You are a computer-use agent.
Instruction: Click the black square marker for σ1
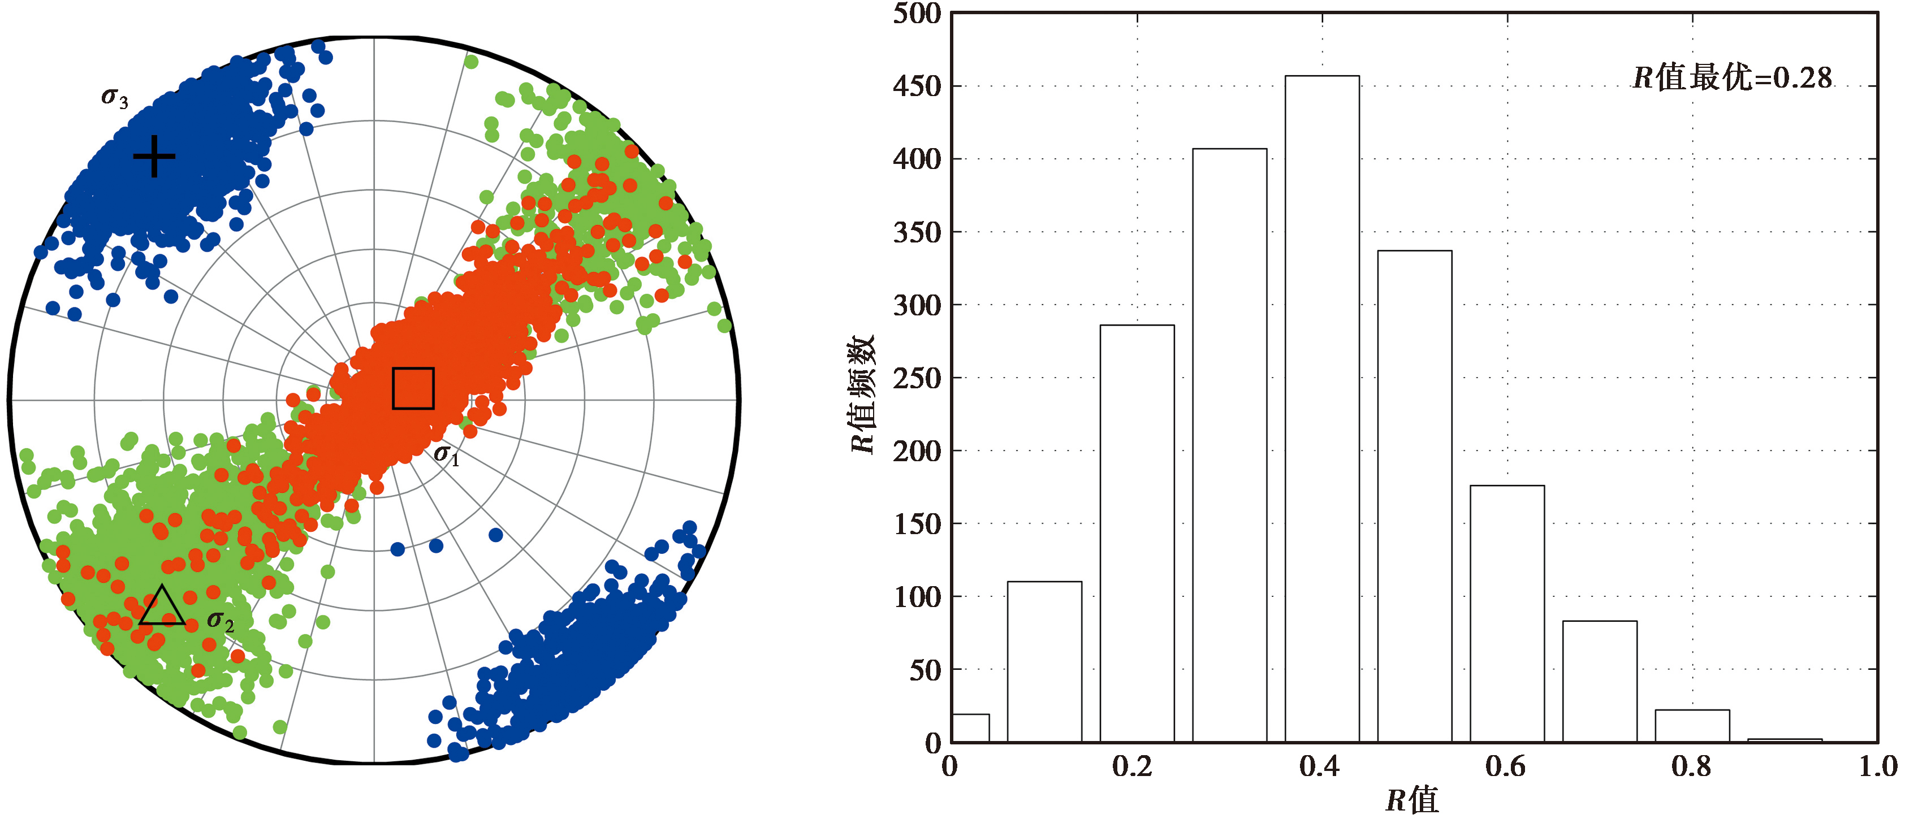(x=413, y=388)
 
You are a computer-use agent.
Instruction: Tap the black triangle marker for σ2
(x=162, y=608)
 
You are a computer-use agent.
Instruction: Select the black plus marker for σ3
(x=154, y=156)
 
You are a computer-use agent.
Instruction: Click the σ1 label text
(x=446, y=454)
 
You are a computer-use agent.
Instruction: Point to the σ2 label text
(x=221, y=621)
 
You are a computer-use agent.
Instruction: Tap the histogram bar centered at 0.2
(x=1137, y=533)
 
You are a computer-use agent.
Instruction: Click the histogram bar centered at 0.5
(x=1414, y=496)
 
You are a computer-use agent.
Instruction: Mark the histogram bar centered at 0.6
(x=1506, y=613)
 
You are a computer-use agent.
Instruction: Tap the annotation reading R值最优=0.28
(x=1732, y=77)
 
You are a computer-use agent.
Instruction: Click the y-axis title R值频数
(x=862, y=394)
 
